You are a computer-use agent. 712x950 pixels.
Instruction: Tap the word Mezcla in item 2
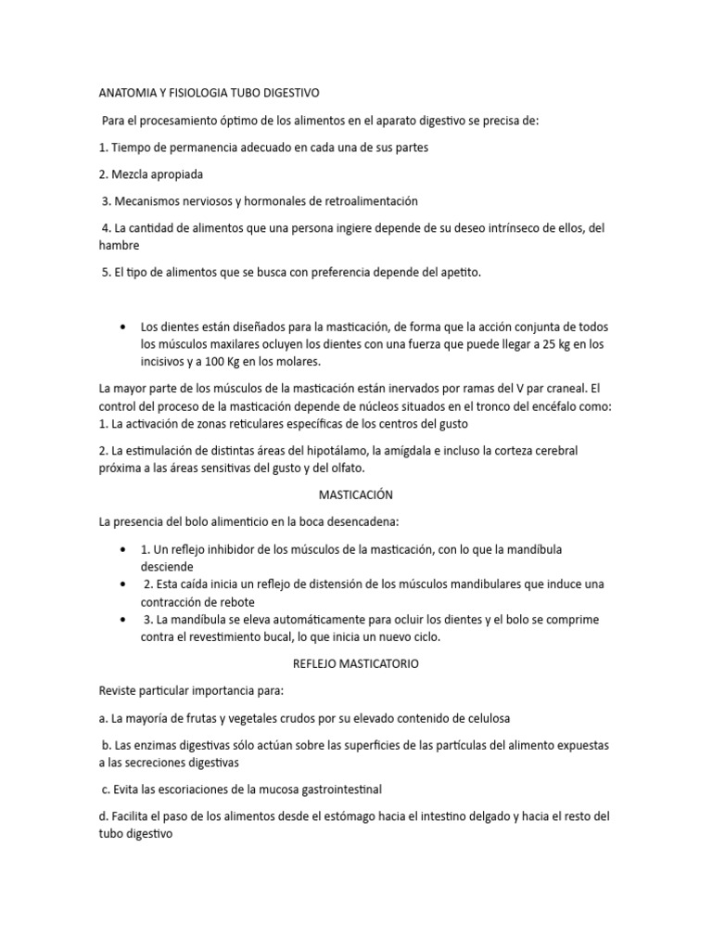pos(133,173)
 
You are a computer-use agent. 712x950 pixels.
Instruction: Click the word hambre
pos(119,246)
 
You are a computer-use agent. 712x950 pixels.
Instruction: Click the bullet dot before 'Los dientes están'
pos(123,327)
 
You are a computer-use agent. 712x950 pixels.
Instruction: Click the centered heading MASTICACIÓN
pos(356,495)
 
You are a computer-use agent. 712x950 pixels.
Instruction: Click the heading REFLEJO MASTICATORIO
pos(356,663)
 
